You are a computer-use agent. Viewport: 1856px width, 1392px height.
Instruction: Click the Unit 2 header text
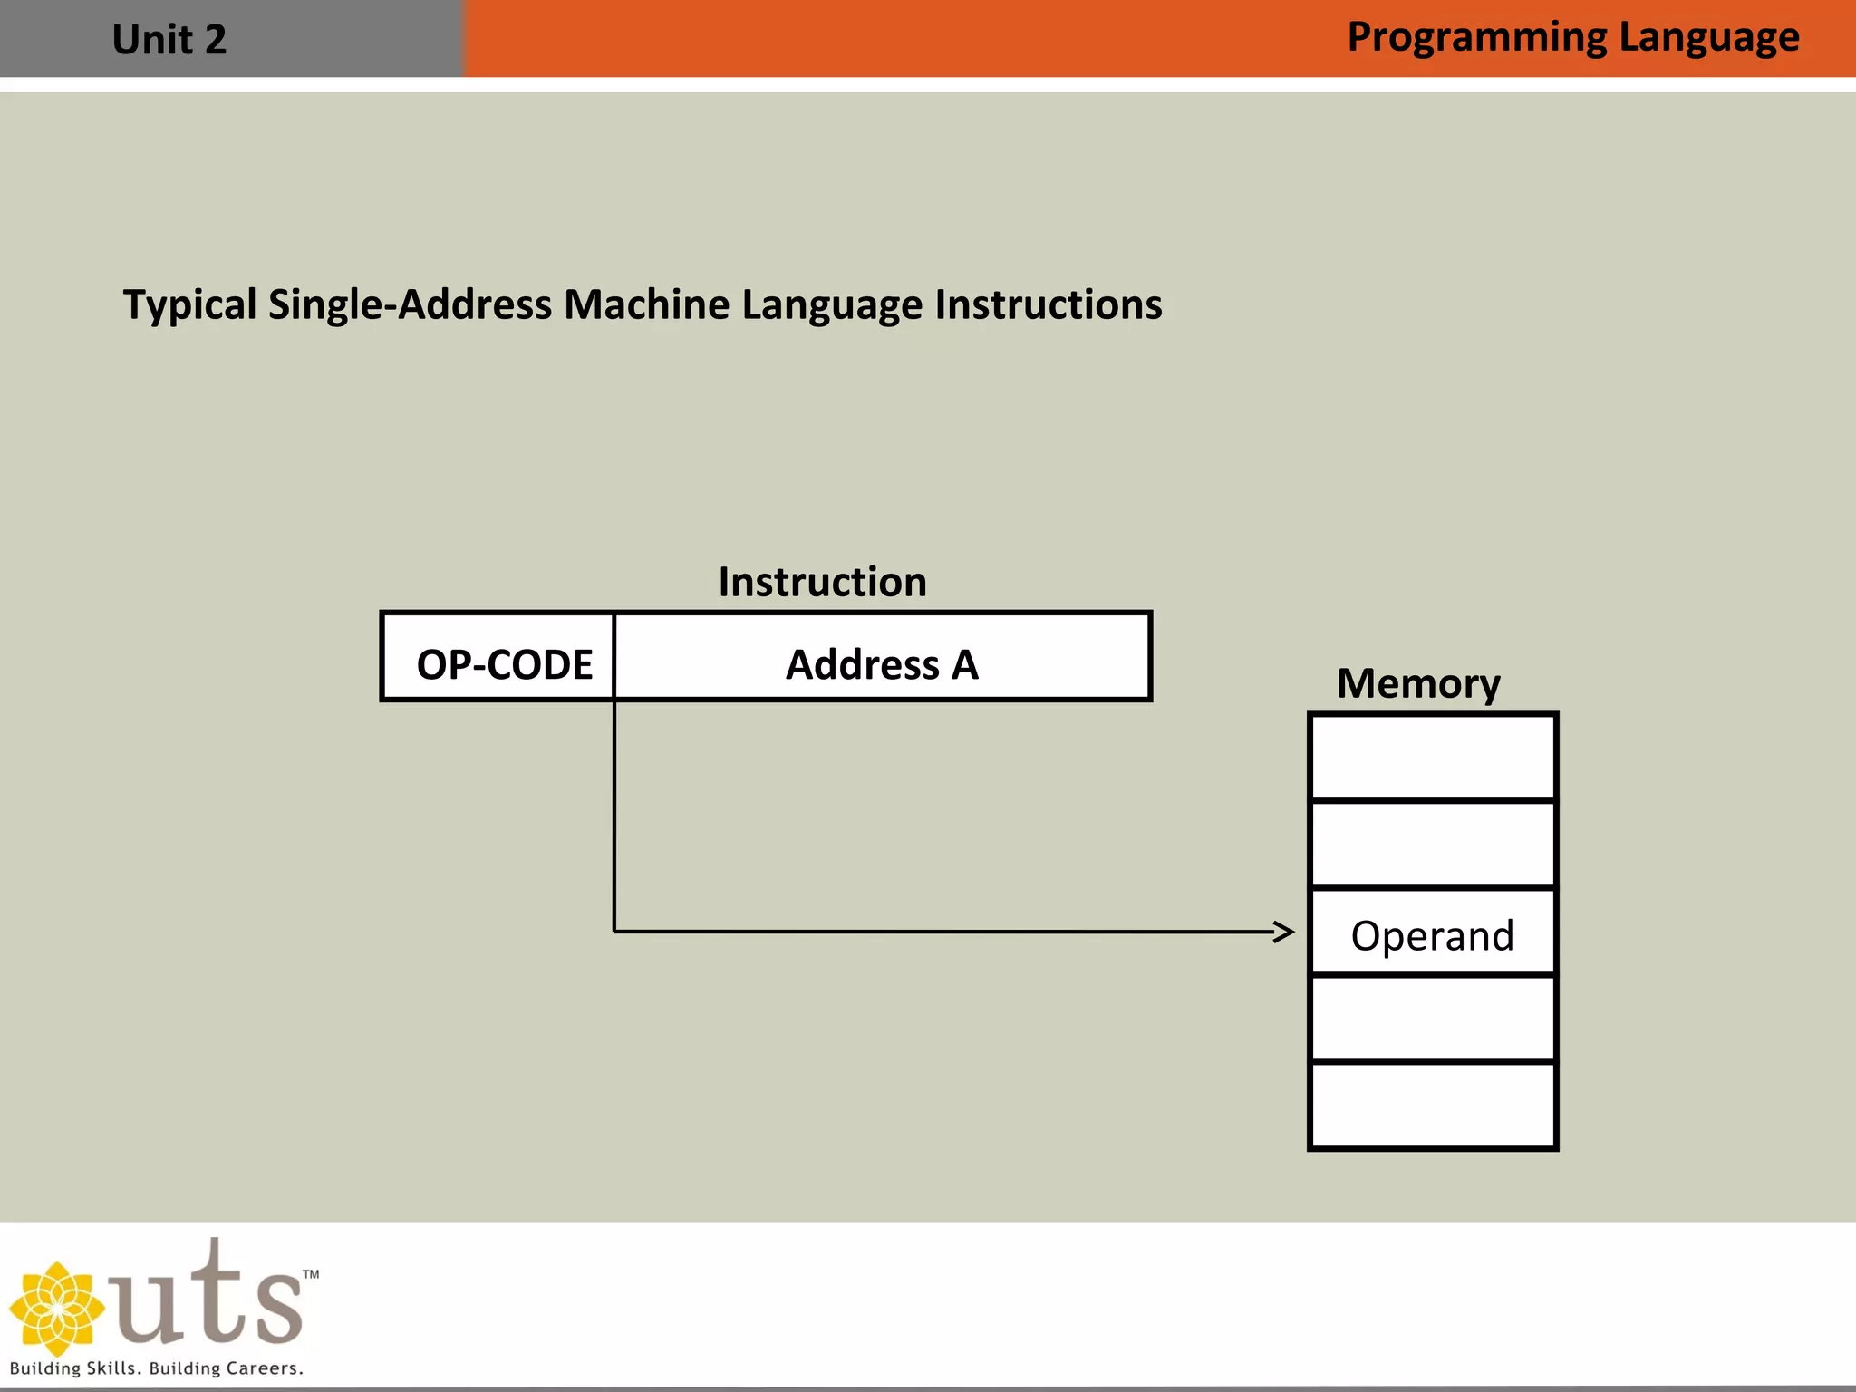tap(169, 40)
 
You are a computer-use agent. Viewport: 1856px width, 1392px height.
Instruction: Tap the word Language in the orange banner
tap(1708, 38)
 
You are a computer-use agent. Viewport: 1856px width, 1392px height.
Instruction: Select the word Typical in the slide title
tap(189, 305)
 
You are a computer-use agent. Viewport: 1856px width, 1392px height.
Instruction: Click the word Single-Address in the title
tap(410, 305)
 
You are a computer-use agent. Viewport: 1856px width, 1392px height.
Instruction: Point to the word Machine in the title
tap(646, 305)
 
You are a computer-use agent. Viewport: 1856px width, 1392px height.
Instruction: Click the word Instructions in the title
tap(1048, 305)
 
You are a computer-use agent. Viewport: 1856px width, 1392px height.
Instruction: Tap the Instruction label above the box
tap(822, 582)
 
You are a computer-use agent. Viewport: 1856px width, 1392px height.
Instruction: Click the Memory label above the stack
tap(1418, 683)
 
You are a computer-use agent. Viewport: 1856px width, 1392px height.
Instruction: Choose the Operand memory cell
tap(1432, 934)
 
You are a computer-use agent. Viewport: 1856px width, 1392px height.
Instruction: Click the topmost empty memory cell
tap(1432, 758)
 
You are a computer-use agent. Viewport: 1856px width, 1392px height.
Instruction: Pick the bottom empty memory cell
tap(1432, 1106)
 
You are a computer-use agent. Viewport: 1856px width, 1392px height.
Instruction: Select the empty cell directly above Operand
tap(1432, 845)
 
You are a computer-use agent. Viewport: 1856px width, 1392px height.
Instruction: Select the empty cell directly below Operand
tap(1432, 1019)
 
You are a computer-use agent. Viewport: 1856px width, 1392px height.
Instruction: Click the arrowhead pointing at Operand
tap(1285, 932)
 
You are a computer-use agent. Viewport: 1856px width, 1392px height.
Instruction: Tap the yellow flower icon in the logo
tap(57, 1309)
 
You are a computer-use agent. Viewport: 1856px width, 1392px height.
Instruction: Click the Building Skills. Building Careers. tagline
tap(156, 1368)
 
